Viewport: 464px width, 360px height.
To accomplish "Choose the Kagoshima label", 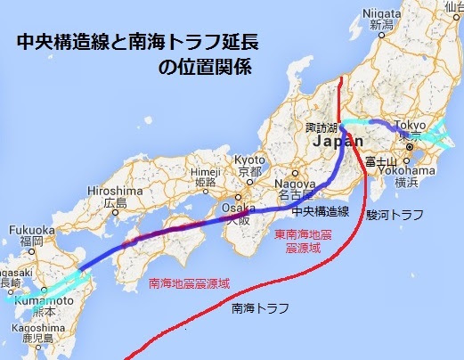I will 36,330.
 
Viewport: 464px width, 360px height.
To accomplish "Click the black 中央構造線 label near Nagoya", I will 319,212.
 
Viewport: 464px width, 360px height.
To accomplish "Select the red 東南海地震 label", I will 305,233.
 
